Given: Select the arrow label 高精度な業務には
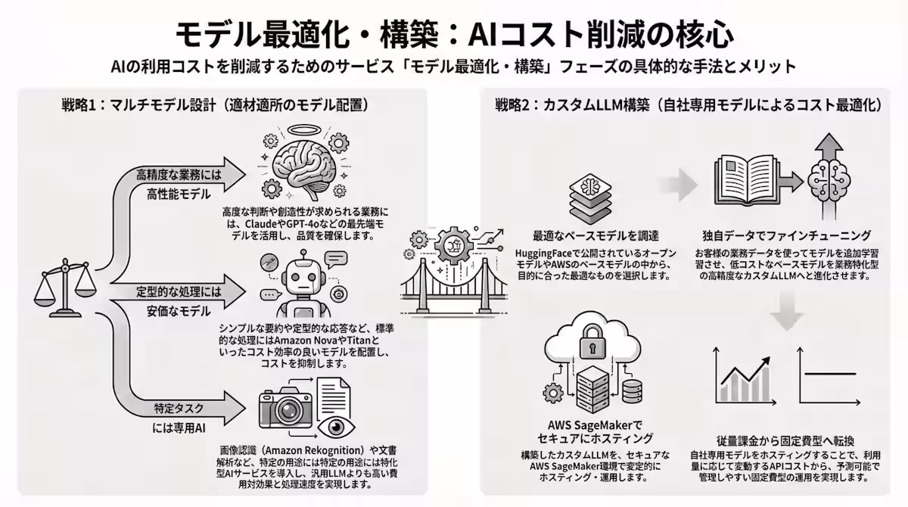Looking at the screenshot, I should [179, 175].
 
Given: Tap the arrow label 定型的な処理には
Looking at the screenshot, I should [179, 291].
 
